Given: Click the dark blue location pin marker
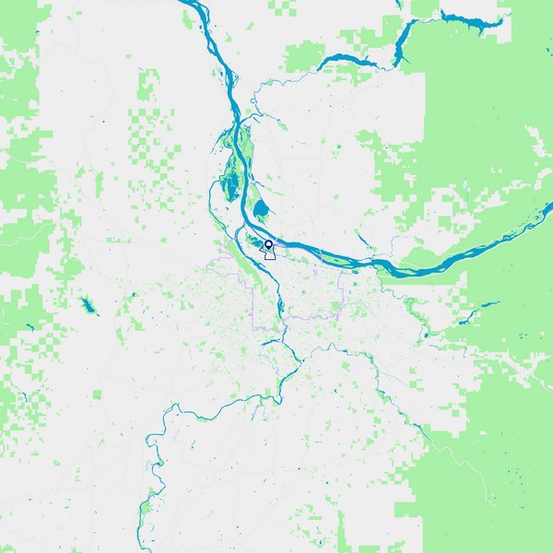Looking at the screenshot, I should pyautogui.click(x=268, y=244).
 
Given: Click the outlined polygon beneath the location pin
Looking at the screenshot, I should pyautogui.click(x=270, y=253).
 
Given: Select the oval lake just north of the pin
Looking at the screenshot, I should pyautogui.click(x=262, y=209).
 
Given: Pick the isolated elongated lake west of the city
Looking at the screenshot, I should pyautogui.click(x=89, y=305).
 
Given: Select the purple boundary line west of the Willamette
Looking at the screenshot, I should pyautogui.click(x=253, y=304).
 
